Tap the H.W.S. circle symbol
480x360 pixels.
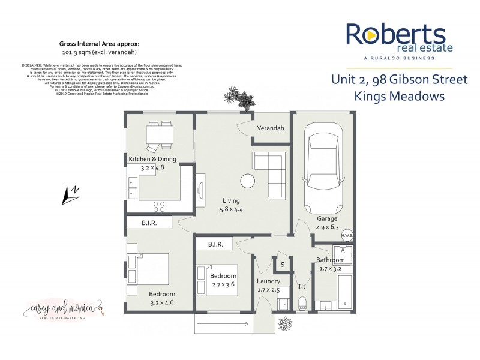pyautogui.click(x=347, y=235)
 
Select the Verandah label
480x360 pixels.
pyautogui.click(x=271, y=128)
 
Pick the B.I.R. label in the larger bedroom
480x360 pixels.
pyautogui.click(x=149, y=223)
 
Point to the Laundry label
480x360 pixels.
pyautogui.click(x=268, y=281)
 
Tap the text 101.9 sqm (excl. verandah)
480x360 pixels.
pyautogui.click(x=100, y=52)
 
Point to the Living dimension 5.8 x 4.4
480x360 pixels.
pyautogui.click(x=231, y=209)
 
